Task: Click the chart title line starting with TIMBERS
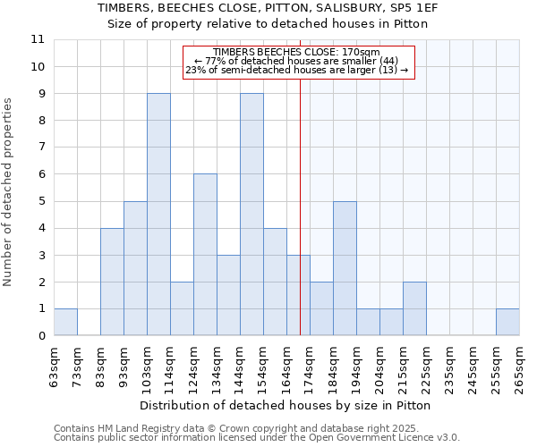point(268,7)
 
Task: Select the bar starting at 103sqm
point(158,215)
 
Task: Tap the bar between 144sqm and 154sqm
point(251,215)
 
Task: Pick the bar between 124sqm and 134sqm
point(205,255)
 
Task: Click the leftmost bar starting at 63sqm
point(65,322)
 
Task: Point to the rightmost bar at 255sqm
point(507,322)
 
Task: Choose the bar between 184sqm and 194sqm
point(345,268)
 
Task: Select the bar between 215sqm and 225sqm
point(414,308)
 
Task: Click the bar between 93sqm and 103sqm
point(135,268)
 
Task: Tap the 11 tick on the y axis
point(38,39)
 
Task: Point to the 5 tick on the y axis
point(40,201)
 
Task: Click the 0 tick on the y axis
point(40,336)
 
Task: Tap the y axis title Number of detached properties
point(8,192)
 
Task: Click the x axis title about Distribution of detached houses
point(286,405)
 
